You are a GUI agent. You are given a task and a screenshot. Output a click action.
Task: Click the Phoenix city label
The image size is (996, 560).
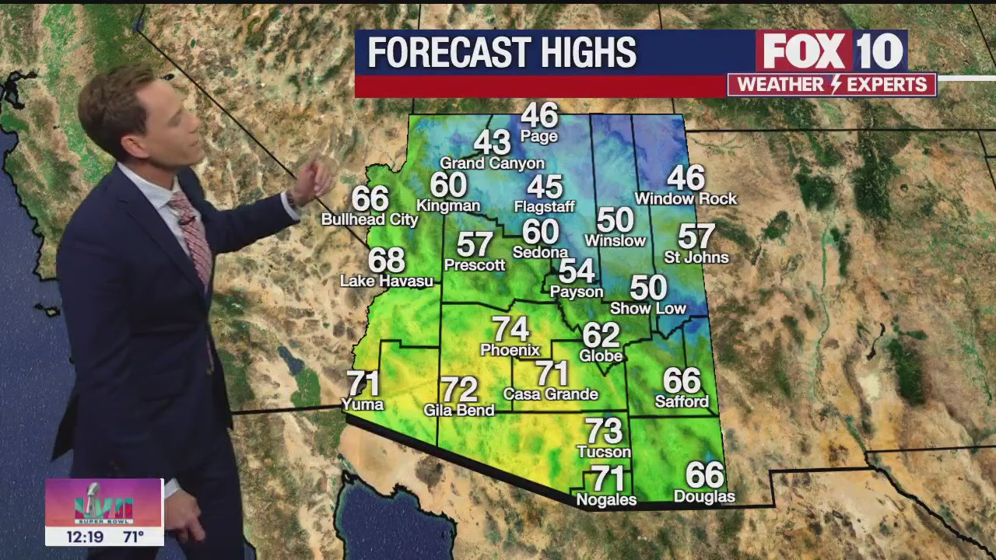click(510, 350)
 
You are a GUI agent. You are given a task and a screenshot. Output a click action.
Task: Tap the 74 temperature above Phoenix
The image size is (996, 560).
click(510, 329)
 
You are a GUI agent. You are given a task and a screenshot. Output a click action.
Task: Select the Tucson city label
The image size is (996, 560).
click(604, 451)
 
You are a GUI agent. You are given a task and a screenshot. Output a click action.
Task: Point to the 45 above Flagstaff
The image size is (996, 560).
click(544, 187)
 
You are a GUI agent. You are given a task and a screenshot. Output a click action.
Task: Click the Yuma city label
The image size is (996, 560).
click(363, 404)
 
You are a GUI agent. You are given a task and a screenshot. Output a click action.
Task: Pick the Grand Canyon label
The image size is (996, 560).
click(492, 163)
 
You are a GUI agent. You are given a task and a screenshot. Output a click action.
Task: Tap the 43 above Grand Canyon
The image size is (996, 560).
click(492, 142)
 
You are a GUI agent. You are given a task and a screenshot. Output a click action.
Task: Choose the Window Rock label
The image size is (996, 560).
click(686, 199)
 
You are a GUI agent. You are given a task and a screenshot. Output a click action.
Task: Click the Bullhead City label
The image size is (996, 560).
click(370, 220)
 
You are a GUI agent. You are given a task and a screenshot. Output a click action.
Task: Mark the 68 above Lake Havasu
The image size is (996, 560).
click(387, 260)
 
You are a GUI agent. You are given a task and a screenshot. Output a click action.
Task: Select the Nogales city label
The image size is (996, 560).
click(606, 499)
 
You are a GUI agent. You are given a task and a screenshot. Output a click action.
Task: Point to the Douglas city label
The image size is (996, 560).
click(704, 496)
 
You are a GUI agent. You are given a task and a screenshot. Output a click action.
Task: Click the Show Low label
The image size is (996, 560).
click(648, 308)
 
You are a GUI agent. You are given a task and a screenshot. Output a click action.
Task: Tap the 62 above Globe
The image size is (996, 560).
click(601, 335)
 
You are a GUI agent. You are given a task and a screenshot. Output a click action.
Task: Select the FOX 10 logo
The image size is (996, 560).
click(831, 51)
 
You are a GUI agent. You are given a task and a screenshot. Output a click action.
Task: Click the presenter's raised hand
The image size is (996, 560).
click(315, 180)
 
